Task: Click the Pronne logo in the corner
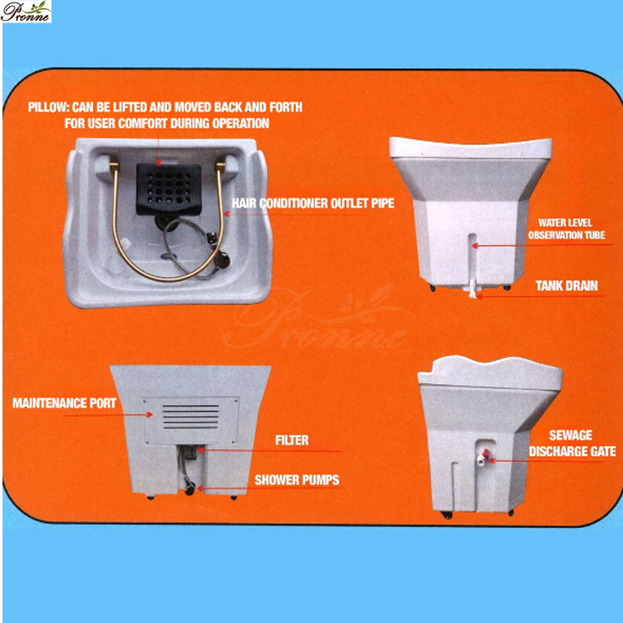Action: coord(26,12)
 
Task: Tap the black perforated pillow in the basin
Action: coord(169,189)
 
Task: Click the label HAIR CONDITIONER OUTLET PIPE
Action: coord(313,204)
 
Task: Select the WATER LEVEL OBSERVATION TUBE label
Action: coord(567,229)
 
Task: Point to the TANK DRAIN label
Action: coord(567,286)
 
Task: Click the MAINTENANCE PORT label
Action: coord(64,403)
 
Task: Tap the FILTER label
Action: coord(292,440)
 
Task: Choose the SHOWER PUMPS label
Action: coord(297,480)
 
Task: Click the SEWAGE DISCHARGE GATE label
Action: coord(571,444)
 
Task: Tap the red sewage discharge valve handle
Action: coord(485,454)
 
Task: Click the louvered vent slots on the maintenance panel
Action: coord(191,416)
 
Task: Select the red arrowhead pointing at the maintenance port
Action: coord(150,415)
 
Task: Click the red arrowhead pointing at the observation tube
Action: coord(474,246)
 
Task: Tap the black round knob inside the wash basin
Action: coord(222,260)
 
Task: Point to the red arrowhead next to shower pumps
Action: coord(200,488)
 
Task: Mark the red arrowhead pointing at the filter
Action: coord(201,450)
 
